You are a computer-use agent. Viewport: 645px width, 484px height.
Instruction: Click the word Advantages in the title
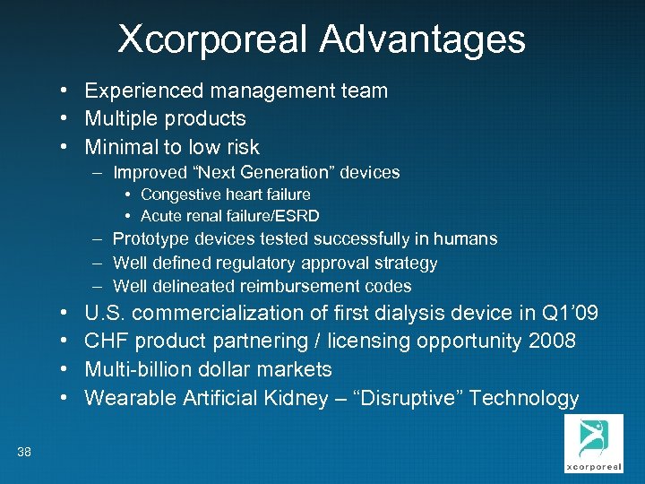[422, 39]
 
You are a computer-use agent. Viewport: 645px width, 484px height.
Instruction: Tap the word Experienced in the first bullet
[143, 91]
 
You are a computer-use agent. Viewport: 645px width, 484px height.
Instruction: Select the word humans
[465, 239]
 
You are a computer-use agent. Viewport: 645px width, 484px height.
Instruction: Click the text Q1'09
[570, 314]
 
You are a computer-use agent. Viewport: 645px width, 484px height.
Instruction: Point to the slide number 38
[24, 453]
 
